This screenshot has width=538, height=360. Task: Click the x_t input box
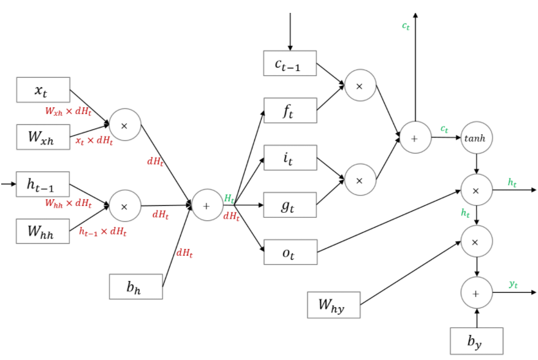[43, 90]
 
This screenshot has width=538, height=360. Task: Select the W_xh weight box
[43, 137]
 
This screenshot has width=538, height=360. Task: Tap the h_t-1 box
[43, 183]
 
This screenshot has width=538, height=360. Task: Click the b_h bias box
[135, 286]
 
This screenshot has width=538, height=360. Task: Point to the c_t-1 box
[290, 63]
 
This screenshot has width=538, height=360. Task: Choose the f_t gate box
[290, 111]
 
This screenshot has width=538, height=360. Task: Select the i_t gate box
[290, 158]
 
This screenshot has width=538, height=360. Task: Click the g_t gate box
[290, 205]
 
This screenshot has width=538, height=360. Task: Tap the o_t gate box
[290, 251]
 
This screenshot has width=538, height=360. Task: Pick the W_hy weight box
[333, 305]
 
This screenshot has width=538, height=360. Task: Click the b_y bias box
[476, 341]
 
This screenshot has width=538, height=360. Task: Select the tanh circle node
[476, 137]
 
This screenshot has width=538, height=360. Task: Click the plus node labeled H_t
[206, 205]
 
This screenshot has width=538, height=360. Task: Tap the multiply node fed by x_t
[124, 125]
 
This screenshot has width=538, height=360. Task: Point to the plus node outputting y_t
[476, 293]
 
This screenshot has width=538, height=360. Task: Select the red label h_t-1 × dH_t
[103, 231]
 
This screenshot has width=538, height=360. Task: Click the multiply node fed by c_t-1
[360, 85]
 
